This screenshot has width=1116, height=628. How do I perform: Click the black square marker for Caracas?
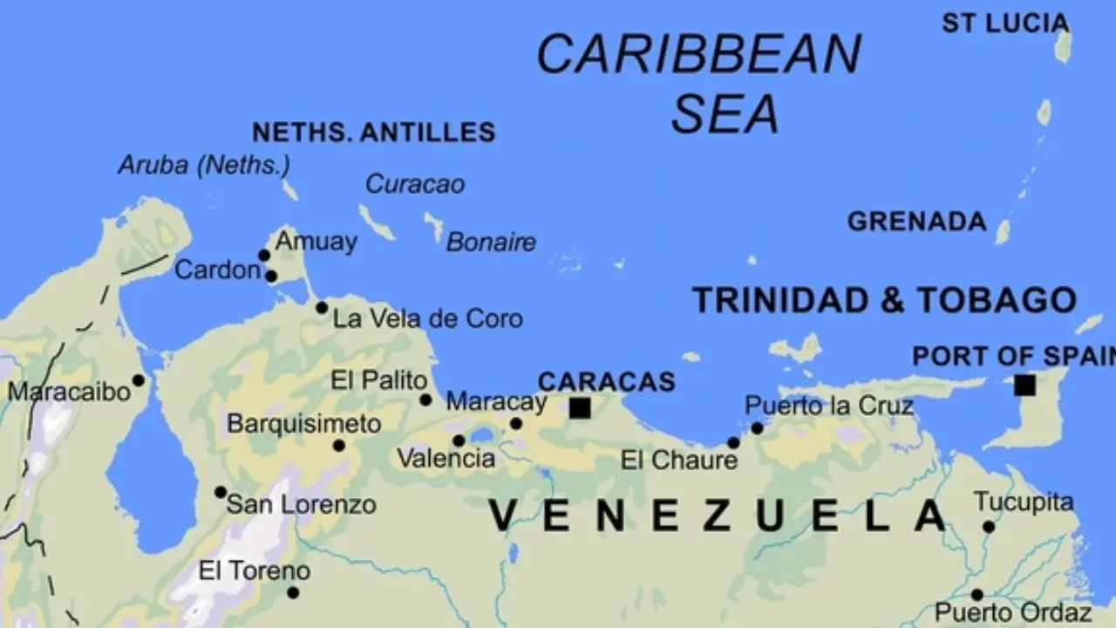[580, 407]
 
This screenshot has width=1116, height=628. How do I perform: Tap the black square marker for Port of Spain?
[1025, 385]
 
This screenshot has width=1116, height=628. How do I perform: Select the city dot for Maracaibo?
[138, 380]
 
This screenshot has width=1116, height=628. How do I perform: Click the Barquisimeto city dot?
[339, 446]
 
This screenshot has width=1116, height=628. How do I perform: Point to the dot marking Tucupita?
[989, 527]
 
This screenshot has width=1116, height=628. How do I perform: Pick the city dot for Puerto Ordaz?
[977, 595]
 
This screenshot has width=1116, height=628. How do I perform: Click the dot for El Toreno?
[293, 593]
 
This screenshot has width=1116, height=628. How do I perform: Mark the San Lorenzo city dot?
[221, 492]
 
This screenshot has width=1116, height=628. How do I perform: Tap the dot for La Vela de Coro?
[322, 308]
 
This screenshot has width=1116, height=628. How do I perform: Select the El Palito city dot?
[425, 400]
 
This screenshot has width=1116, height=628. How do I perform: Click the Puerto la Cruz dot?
[757, 428]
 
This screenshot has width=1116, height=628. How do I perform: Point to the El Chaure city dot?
[733, 443]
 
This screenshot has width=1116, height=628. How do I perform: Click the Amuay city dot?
[264, 256]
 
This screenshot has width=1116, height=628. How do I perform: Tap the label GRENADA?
[916, 222]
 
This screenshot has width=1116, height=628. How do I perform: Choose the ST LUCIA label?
[1004, 24]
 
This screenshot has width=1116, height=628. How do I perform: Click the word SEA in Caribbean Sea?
[725, 113]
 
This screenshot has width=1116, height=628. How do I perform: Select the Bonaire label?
[491, 242]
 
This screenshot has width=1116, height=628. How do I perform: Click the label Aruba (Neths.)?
[204, 165]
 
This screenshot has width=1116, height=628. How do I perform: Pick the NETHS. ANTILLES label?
[373, 133]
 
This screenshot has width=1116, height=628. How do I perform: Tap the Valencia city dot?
[459, 440]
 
